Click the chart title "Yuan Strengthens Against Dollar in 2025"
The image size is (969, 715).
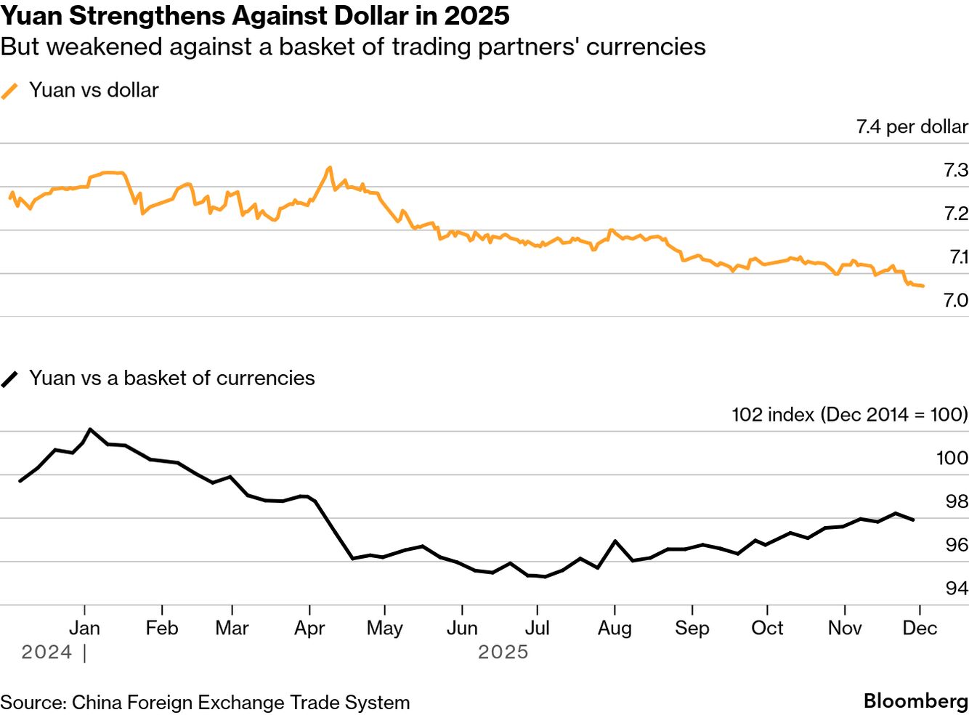pos(255,15)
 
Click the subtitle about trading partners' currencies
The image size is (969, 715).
pos(353,47)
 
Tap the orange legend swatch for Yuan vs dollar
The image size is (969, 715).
pos(9,91)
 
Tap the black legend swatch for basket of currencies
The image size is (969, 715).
pos(9,379)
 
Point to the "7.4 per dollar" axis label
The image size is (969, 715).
pos(912,126)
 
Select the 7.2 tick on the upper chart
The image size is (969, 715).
pos(955,213)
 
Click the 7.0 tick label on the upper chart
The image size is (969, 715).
pos(955,299)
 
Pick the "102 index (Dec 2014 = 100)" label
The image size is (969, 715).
pos(849,414)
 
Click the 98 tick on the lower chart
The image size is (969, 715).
pos(956,501)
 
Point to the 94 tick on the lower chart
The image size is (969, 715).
pos(956,587)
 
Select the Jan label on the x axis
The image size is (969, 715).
pos(84,628)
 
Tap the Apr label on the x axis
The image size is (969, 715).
pos(309,628)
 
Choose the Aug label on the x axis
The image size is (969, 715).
pos(615,628)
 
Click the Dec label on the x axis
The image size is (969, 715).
pos(920,628)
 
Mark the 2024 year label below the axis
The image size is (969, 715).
pos(46,652)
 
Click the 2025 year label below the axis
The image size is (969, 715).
pos(503,652)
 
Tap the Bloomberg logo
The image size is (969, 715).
pos(915,701)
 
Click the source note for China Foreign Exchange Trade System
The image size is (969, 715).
pos(205,703)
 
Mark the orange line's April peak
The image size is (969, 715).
pos(330,168)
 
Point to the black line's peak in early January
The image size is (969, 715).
pos(89,429)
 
